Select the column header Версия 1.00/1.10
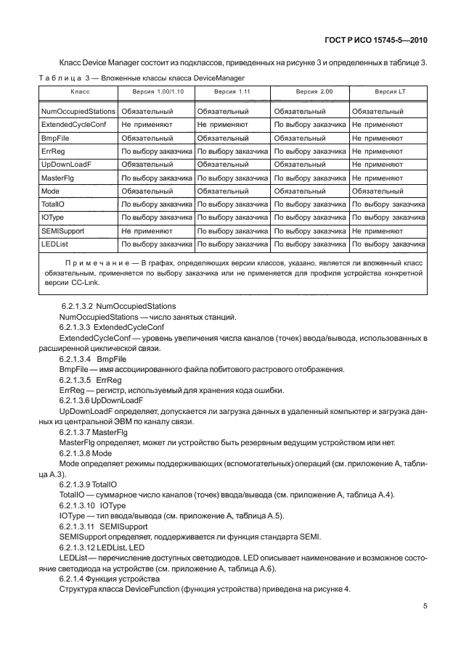(x=158, y=92)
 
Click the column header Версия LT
(x=389, y=92)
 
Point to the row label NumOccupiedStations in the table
(x=78, y=112)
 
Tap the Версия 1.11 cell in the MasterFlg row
(x=232, y=178)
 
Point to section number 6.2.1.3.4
(x=76, y=359)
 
